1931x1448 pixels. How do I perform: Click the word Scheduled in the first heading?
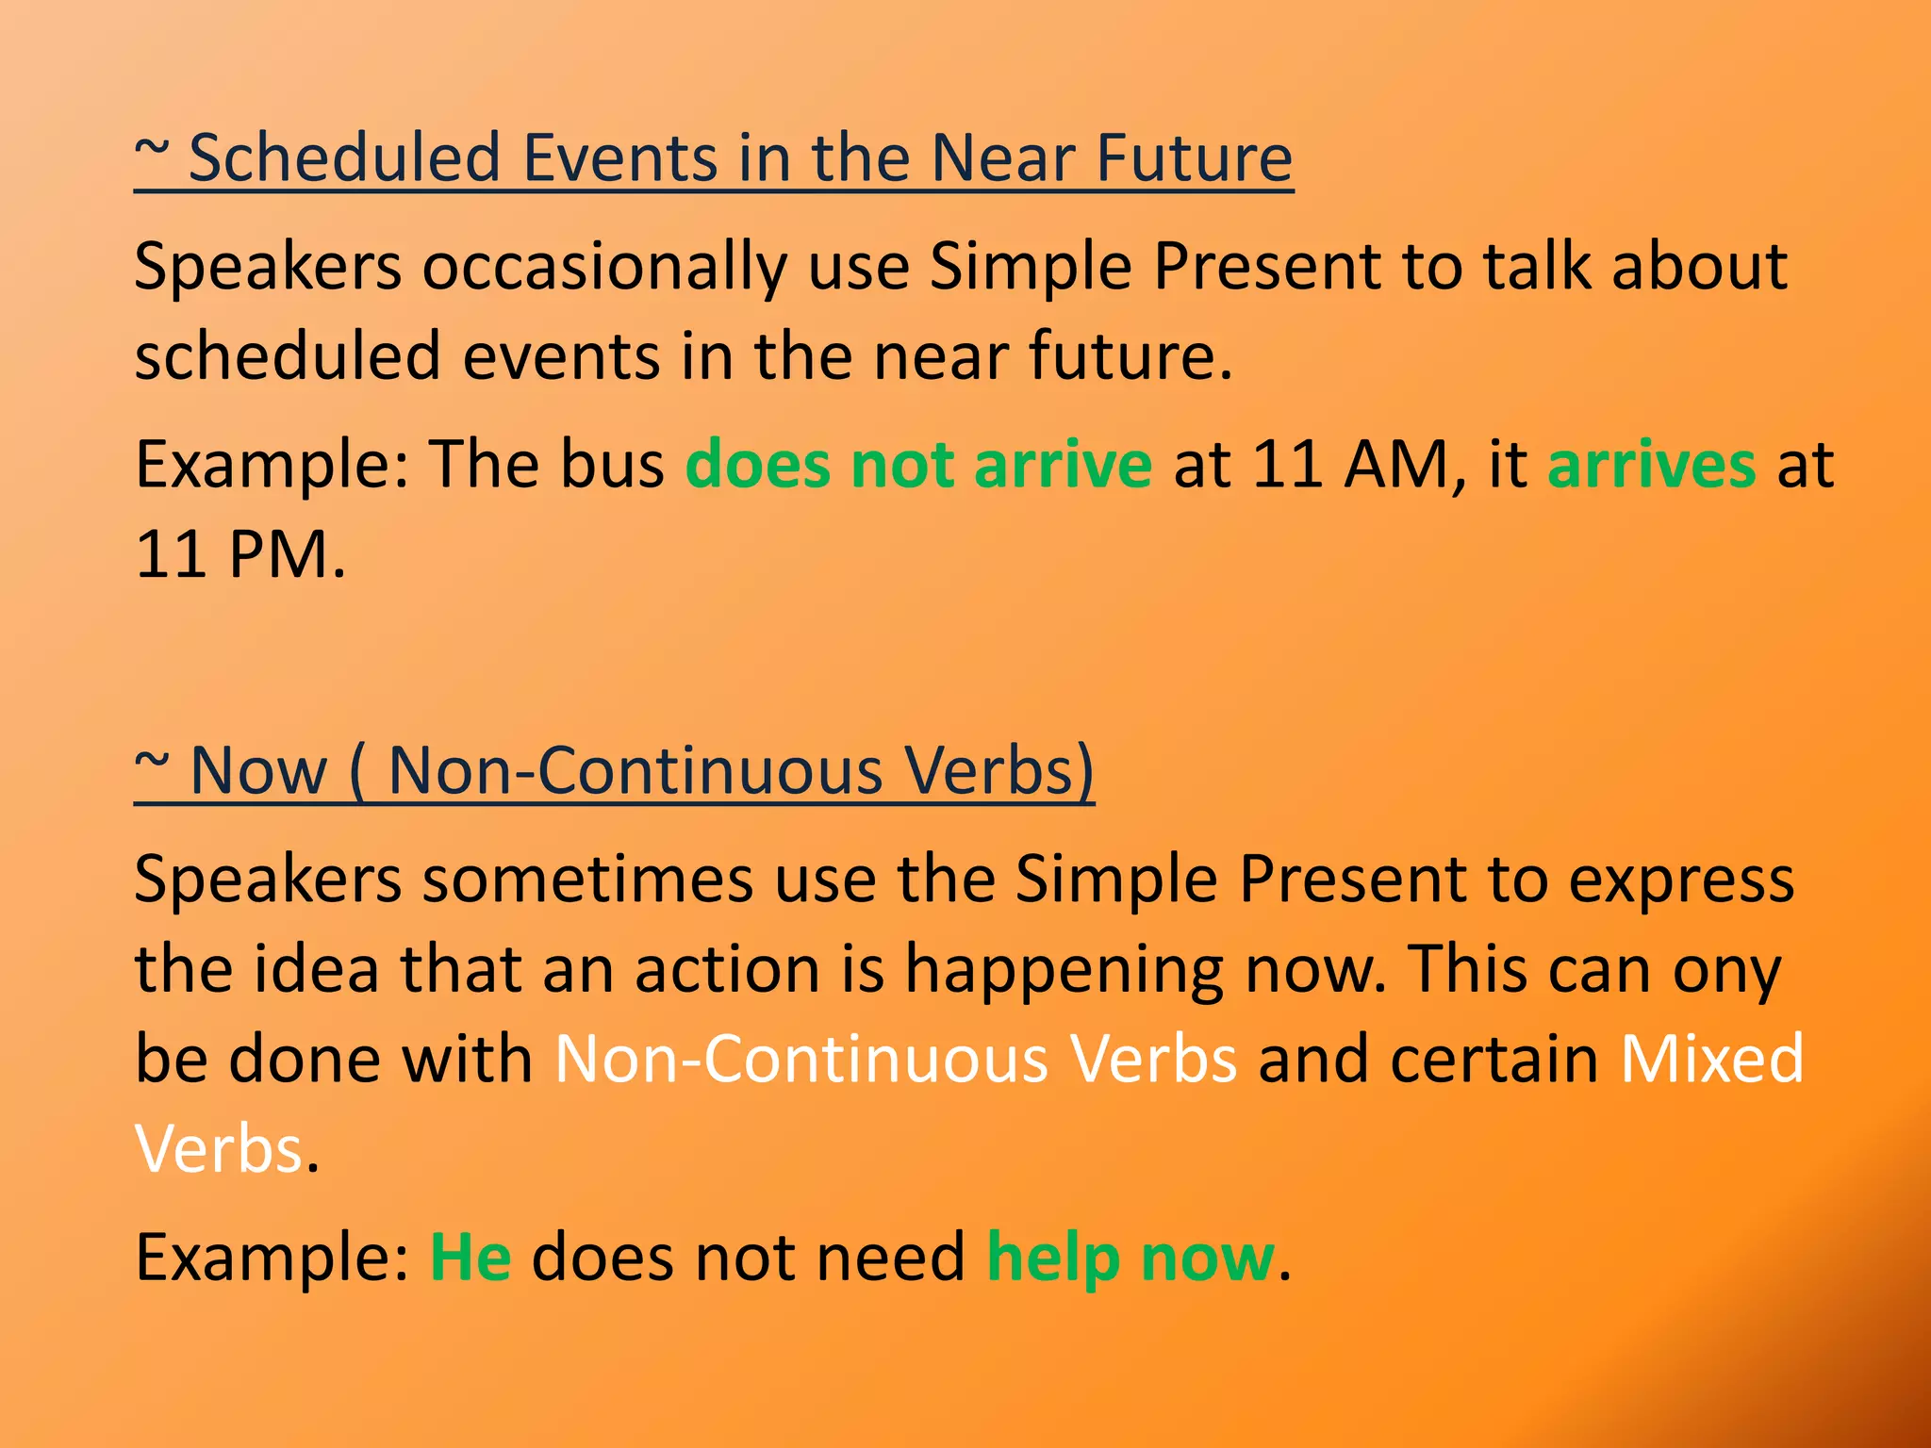point(344,157)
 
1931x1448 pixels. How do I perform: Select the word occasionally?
point(603,267)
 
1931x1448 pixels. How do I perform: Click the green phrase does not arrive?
point(918,465)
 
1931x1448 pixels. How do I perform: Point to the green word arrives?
point(1652,465)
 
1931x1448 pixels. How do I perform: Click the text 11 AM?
point(1359,465)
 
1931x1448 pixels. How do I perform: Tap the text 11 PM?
point(239,554)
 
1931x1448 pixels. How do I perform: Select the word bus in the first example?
point(612,465)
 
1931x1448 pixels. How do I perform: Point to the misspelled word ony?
point(1727,971)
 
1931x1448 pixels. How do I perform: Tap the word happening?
point(1065,971)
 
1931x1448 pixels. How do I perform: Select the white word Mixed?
point(1711,1060)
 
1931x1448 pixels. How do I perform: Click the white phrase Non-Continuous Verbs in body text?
point(896,1060)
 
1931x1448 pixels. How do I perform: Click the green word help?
point(1053,1259)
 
